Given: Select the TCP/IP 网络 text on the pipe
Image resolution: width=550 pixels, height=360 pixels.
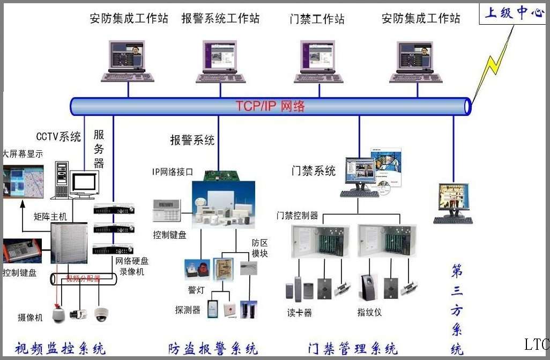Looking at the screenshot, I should pyautogui.click(x=270, y=106).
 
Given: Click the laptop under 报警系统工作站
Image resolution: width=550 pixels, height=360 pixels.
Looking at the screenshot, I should pyautogui.click(x=220, y=61).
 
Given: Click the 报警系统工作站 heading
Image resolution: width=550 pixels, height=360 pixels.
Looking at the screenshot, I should pyautogui.click(x=220, y=19).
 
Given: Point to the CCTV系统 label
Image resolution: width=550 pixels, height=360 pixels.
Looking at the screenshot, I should pyautogui.click(x=58, y=137).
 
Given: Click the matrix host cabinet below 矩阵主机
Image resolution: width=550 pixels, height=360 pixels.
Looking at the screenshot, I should pyautogui.click(x=69, y=243).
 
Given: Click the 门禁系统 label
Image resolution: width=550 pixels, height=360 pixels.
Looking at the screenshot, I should pyautogui.click(x=314, y=171).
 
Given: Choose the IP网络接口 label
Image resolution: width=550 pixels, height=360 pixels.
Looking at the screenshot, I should pyautogui.click(x=172, y=172).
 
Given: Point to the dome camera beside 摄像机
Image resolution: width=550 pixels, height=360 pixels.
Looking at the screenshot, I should pyautogui.click(x=58, y=315).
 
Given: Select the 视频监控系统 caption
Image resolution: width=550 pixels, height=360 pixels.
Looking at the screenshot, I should pyautogui.click(x=60, y=348).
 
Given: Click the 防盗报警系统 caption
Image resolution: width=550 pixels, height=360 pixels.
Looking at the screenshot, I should pyautogui.click(x=213, y=348).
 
